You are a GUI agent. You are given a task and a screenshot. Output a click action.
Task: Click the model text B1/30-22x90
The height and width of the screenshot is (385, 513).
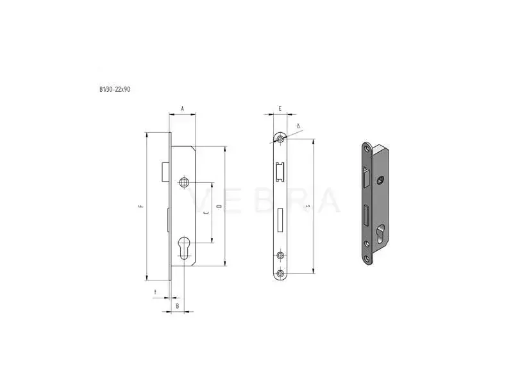(115, 90)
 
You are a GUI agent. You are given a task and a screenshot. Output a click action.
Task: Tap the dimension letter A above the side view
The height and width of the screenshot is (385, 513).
(182, 110)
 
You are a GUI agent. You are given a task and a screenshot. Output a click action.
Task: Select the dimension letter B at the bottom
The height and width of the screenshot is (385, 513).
(178, 307)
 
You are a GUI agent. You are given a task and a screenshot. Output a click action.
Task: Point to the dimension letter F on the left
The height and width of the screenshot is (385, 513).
(140, 207)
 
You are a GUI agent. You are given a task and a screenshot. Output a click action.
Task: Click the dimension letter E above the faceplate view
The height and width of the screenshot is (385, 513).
(280, 110)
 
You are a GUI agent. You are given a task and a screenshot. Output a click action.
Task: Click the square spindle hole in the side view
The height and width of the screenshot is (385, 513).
(185, 182)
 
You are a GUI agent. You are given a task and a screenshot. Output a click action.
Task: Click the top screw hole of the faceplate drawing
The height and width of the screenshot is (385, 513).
(280, 139)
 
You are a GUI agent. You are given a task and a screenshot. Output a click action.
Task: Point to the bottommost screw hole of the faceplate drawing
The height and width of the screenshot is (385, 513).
(280, 275)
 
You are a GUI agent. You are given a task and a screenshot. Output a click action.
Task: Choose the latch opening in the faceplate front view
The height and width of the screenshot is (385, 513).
(280, 175)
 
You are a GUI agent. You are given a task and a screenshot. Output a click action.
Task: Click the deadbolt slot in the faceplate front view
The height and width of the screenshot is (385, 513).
(280, 219)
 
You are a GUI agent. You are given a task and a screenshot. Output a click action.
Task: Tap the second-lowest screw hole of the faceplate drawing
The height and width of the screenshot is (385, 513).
(280, 256)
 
